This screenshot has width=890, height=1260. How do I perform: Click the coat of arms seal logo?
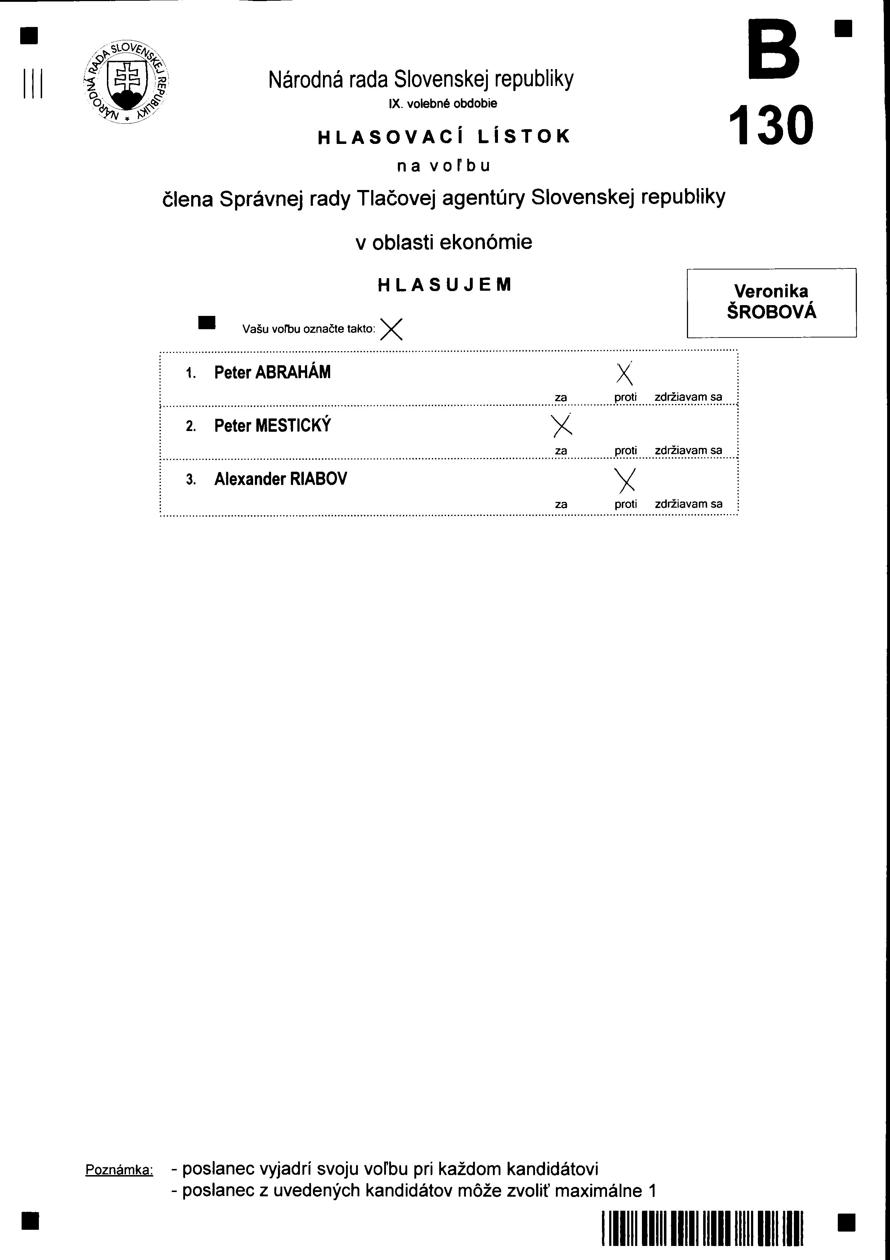click(126, 82)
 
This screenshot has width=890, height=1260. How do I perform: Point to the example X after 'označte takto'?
click(391, 329)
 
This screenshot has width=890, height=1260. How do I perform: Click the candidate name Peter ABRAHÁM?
click(272, 373)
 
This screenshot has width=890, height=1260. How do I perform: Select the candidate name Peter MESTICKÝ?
click(272, 426)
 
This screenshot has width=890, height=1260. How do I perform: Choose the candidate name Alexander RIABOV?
click(280, 479)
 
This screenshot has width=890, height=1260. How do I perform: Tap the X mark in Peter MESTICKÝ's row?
click(562, 425)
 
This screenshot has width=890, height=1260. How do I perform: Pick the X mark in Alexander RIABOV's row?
click(625, 480)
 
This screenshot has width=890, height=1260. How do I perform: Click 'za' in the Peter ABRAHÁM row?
click(561, 397)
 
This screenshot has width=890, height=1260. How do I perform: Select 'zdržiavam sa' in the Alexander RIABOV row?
click(688, 504)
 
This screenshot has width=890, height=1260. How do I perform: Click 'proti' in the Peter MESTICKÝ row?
click(625, 450)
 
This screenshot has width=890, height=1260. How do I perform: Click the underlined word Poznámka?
click(119, 1169)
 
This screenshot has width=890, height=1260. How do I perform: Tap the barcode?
click(703, 1228)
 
